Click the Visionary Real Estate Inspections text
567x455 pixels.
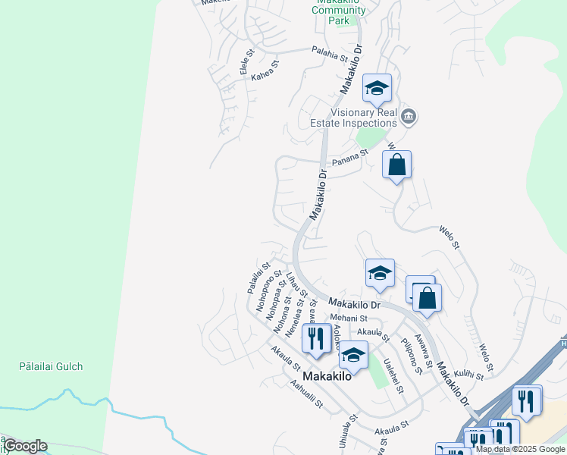tap(353, 117)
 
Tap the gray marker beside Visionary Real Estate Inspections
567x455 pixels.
tap(409, 116)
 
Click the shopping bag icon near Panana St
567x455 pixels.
tap(396, 165)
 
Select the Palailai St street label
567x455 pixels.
tap(258, 278)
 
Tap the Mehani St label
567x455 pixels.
tap(348, 318)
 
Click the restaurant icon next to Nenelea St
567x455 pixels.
tap(315, 337)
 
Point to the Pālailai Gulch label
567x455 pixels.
tap(51, 366)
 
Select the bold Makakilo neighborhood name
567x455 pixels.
tap(327, 376)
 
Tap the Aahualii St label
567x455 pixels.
tap(307, 394)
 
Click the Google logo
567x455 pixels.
tap(24, 446)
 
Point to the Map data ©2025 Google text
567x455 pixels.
tap(520, 450)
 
